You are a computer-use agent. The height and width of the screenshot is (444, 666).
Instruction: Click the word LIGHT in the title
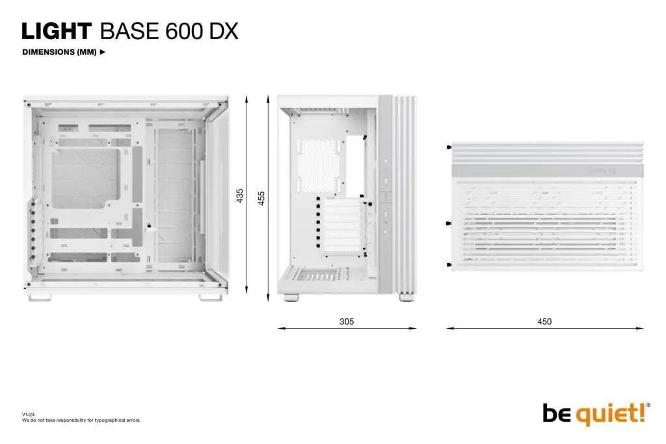pos(57,31)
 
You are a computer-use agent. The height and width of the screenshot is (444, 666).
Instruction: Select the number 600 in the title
pos(184,31)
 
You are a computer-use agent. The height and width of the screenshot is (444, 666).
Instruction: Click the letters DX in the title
pos(223,31)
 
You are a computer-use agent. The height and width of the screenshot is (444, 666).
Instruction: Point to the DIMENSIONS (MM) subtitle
pos(59,52)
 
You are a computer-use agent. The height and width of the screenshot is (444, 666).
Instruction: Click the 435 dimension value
pos(239,195)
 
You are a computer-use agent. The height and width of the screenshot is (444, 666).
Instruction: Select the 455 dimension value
pos(261,199)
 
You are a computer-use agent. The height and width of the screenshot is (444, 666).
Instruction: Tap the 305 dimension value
pos(347,322)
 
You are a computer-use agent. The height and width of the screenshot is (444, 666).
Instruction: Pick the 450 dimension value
pos(544,322)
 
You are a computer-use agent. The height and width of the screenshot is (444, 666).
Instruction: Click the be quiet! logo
pos(594,413)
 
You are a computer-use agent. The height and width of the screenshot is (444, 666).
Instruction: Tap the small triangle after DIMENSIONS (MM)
pos(102,52)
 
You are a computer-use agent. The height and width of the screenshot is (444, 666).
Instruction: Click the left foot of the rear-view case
pos(290,299)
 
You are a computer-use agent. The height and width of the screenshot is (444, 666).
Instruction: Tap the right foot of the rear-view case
pos(406,299)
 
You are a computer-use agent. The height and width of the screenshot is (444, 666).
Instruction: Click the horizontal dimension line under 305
pos(347,328)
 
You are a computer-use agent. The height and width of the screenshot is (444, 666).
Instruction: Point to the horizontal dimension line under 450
pos(544,328)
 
